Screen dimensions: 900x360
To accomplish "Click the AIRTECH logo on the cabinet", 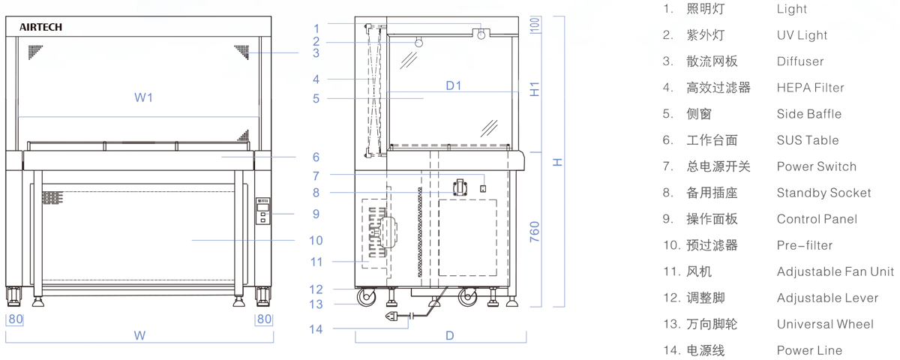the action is (40, 27).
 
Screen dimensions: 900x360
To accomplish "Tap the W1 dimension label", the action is (143, 97).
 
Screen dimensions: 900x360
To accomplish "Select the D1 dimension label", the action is (454, 85).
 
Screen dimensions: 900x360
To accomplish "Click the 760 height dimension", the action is (534, 232).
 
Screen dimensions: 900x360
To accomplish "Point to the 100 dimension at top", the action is (534, 25).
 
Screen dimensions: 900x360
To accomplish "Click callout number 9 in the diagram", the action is (316, 214).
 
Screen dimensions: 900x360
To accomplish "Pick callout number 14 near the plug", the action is (316, 329).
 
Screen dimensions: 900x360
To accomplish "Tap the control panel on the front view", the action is (262, 211).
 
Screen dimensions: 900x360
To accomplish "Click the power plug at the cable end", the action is (393, 316).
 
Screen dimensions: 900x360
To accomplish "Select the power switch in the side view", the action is (483, 188).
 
